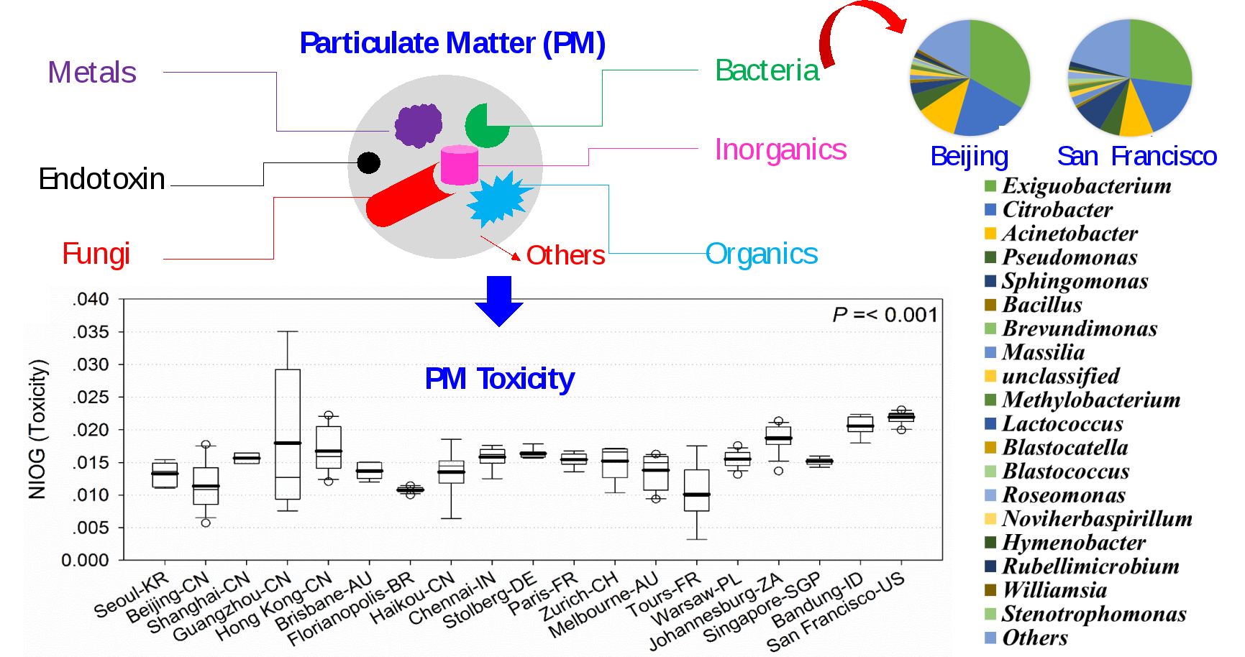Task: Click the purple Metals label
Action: tap(92, 73)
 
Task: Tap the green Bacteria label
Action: tap(767, 70)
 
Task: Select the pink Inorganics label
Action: tap(780, 150)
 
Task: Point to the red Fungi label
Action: tap(96, 254)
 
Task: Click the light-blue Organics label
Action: tap(761, 254)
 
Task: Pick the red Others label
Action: tap(565, 255)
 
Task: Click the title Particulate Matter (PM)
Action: tap(452, 43)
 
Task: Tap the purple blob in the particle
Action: tap(418, 125)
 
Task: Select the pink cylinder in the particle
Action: tap(459, 165)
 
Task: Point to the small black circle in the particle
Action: tap(369, 163)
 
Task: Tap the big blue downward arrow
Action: tap(498, 300)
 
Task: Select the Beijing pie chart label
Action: tap(969, 156)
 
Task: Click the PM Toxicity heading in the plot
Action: tap(500, 379)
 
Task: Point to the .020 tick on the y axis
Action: tap(91, 430)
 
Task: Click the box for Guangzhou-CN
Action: tap(288, 434)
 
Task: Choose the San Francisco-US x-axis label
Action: tap(835, 612)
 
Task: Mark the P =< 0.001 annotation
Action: tap(885, 315)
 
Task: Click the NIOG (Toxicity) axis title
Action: tap(37, 429)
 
